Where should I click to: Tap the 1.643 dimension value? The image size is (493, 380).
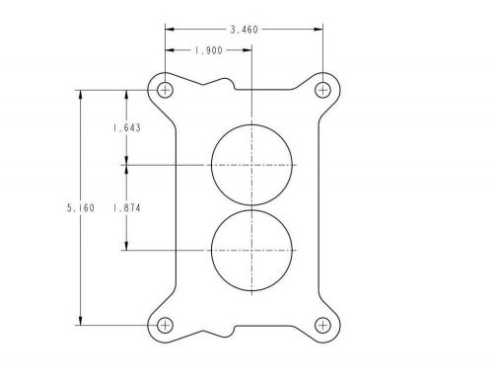125,127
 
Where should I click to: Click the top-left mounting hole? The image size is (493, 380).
165,90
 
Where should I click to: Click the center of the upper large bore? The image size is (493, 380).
251,165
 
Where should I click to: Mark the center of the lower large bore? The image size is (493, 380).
251,250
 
